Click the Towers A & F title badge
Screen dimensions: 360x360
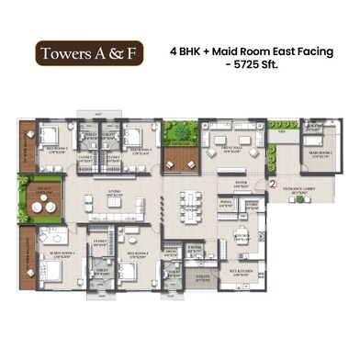(x=88, y=53)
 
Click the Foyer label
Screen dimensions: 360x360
(x=241, y=184)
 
